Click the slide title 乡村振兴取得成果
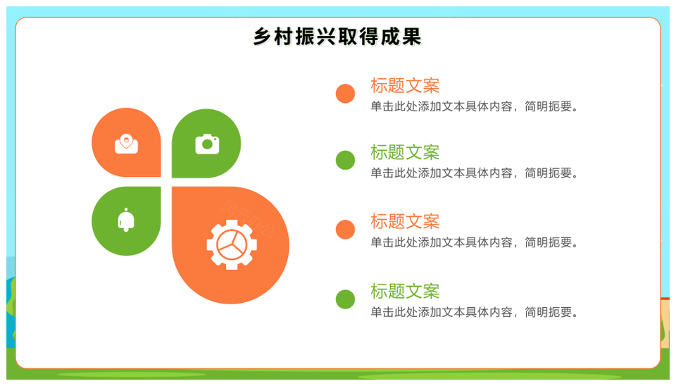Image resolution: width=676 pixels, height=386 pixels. [x=337, y=37]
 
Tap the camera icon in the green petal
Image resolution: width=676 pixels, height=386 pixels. [x=207, y=144]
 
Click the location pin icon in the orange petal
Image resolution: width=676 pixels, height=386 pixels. [x=126, y=144]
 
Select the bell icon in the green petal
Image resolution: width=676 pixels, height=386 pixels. [x=126, y=220]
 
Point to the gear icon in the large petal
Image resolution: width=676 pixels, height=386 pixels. [x=232, y=245]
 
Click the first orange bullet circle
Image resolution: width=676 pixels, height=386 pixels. [x=345, y=94]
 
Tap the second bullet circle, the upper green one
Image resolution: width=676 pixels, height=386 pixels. [x=345, y=160]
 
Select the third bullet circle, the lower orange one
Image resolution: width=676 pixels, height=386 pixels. [x=345, y=230]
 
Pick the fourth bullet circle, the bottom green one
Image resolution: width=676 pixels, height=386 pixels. [x=345, y=299]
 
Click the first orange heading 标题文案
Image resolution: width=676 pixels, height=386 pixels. [x=405, y=86]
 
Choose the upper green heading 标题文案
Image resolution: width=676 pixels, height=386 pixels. [x=405, y=152]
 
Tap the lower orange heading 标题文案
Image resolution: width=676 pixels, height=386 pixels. [x=405, y=222]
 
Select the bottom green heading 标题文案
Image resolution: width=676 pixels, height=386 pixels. [x=405, y=292]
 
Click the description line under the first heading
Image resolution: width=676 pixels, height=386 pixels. [x=474, y=106]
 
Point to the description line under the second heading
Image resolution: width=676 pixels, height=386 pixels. [x=474, y=173]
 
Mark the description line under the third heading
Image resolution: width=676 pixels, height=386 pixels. [x=474, y=242]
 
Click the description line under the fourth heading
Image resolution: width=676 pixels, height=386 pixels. [x=474, y=312]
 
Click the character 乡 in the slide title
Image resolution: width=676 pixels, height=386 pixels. [x=262, y=37]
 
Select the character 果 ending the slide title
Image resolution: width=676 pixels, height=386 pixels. [x=411, y=37]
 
